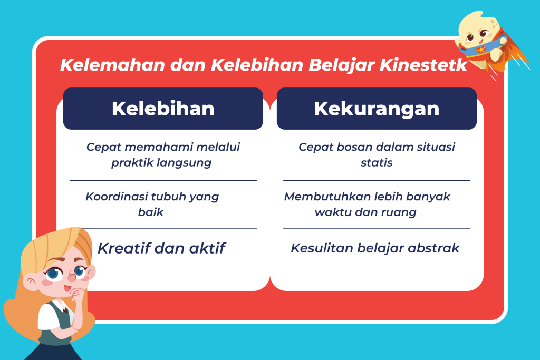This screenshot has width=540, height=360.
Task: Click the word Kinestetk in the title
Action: coord(423,65)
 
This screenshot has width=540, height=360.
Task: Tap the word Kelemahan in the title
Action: coord(113,65)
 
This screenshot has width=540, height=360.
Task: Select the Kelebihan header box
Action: coord(163,109)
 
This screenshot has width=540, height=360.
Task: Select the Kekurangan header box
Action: coord(377,109)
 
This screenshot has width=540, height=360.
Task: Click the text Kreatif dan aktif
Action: coord(161,248)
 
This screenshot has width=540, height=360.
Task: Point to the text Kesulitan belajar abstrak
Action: coord(375,248)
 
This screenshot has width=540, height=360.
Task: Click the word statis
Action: coord(377,162)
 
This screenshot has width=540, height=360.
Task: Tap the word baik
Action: coord(150,212)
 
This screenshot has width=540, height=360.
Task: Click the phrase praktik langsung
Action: coord(161,163)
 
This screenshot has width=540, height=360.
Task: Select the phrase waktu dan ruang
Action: coord(365,212)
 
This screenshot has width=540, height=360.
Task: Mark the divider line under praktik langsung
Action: coord(163,180)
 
